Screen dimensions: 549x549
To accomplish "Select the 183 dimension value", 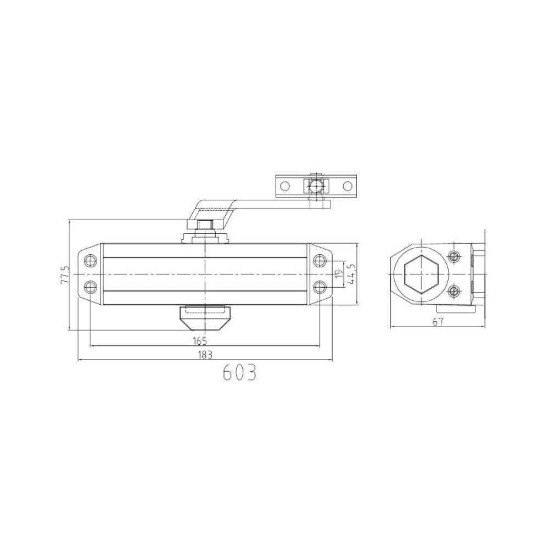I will (205, 355).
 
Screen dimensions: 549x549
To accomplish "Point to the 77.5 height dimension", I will (65, 274).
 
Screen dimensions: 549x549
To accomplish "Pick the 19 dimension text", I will (339, 273).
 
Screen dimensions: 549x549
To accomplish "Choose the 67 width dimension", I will (438, 322).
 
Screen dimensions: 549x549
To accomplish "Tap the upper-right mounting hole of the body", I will (320, 260).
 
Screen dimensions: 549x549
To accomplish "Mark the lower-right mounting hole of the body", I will (320, 286).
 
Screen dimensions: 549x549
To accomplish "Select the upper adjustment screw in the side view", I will (453, 256).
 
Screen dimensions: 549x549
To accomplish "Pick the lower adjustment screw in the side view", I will (453, 290).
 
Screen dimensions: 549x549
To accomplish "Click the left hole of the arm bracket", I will (284, 186).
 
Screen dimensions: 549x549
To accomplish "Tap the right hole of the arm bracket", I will (348, 186).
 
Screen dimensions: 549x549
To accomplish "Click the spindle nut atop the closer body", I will (205, 225).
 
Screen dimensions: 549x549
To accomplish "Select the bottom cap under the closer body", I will (205, 317).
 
